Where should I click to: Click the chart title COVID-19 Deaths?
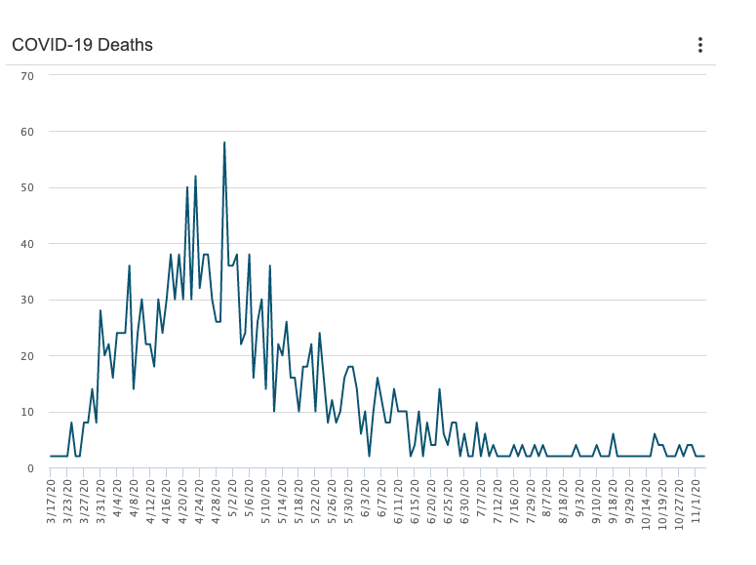[x=82, y=45]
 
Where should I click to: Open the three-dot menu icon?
[x=699, y=45]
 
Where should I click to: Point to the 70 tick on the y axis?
[x=27, y=75]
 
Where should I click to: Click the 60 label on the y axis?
[x=27, y=132]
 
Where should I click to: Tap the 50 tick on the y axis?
[x=27, y=187]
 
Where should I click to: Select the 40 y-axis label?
[x=27, y=244]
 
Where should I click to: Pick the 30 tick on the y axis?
[x=27, y=300]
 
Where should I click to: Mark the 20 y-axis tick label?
[x=27, y=356]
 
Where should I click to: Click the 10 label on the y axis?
[x=27, y=412]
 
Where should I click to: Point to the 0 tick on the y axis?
[x=31, y=468]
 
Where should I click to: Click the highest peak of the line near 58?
[x=224, y=142]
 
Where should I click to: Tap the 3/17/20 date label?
[x=52, y=500]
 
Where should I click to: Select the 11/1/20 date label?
[x=696, y=500]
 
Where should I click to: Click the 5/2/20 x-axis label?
[x=233, y=500]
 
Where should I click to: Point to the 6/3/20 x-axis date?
[x=365, y=500]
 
